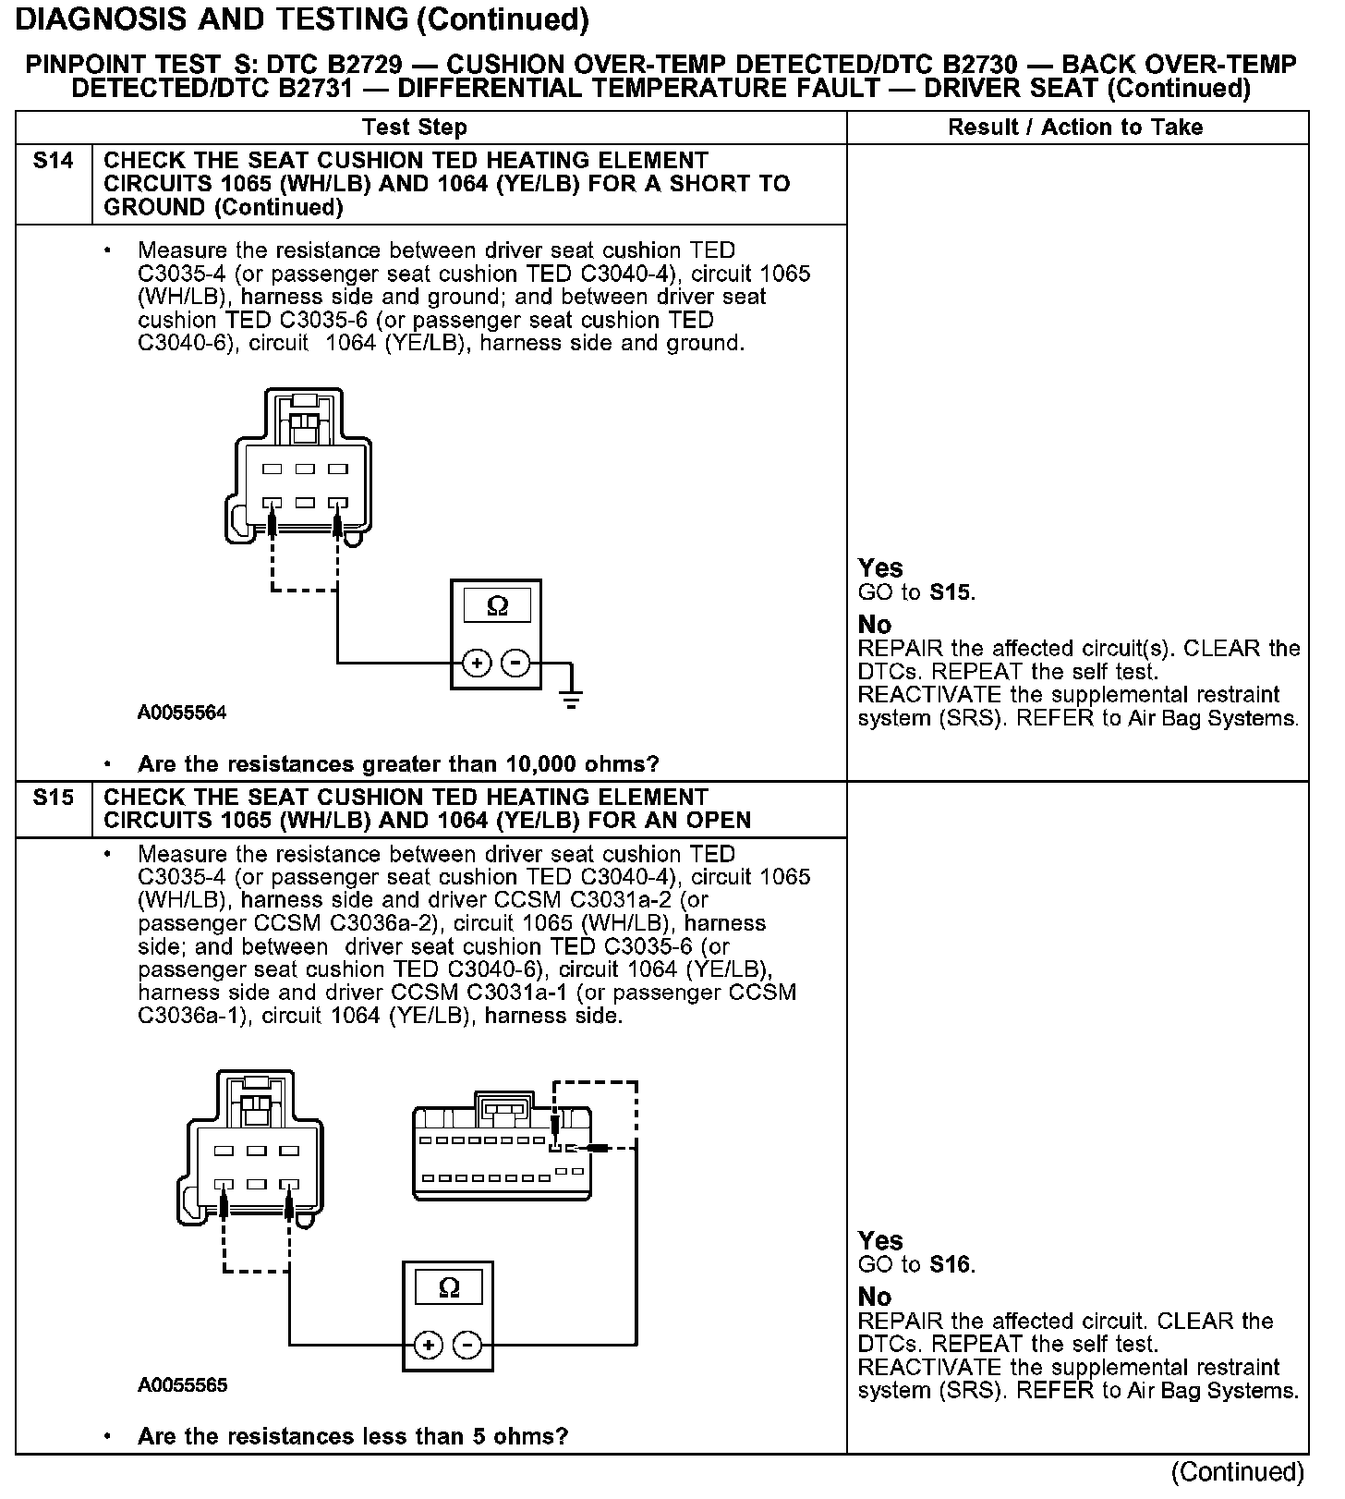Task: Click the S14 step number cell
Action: tap(53, 162)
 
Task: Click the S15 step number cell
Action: tap(53, 798)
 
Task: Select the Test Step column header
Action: tap(415, 128)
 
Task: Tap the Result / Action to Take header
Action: tap(1075, 128)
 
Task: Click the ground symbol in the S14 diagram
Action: tap(572, 695)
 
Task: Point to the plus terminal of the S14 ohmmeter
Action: tap(477, 663)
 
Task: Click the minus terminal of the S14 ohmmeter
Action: tap(515, 663)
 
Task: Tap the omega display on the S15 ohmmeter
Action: tap(449, 1287)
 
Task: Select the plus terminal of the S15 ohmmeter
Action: tap(429, 1345)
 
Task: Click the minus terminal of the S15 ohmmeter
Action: tap(468, 1345)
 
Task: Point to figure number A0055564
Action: tap(182, 713)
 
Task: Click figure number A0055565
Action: tap(182, 1385)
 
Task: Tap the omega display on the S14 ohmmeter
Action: tap(497, 606)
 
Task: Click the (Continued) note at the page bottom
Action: tap(1237, 1471)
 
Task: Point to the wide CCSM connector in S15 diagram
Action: tap(503, 1151)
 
